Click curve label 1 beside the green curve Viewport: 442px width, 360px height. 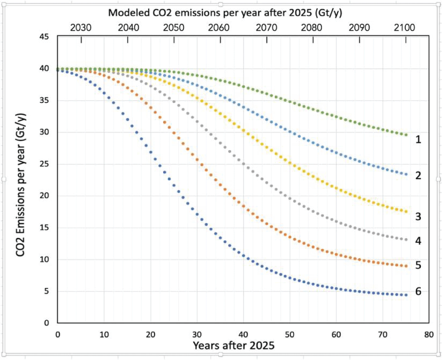[x=418, y=140]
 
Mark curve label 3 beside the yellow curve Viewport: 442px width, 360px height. [x=418, y=217]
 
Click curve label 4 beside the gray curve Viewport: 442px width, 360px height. [x=418, y=241]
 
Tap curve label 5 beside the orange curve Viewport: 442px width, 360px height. [x=418, y=265]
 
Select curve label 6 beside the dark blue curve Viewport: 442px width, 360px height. [x=418, y=292]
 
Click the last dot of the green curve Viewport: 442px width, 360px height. [x=406, y=135]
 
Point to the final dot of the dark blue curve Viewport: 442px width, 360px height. [x=406, y=295]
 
